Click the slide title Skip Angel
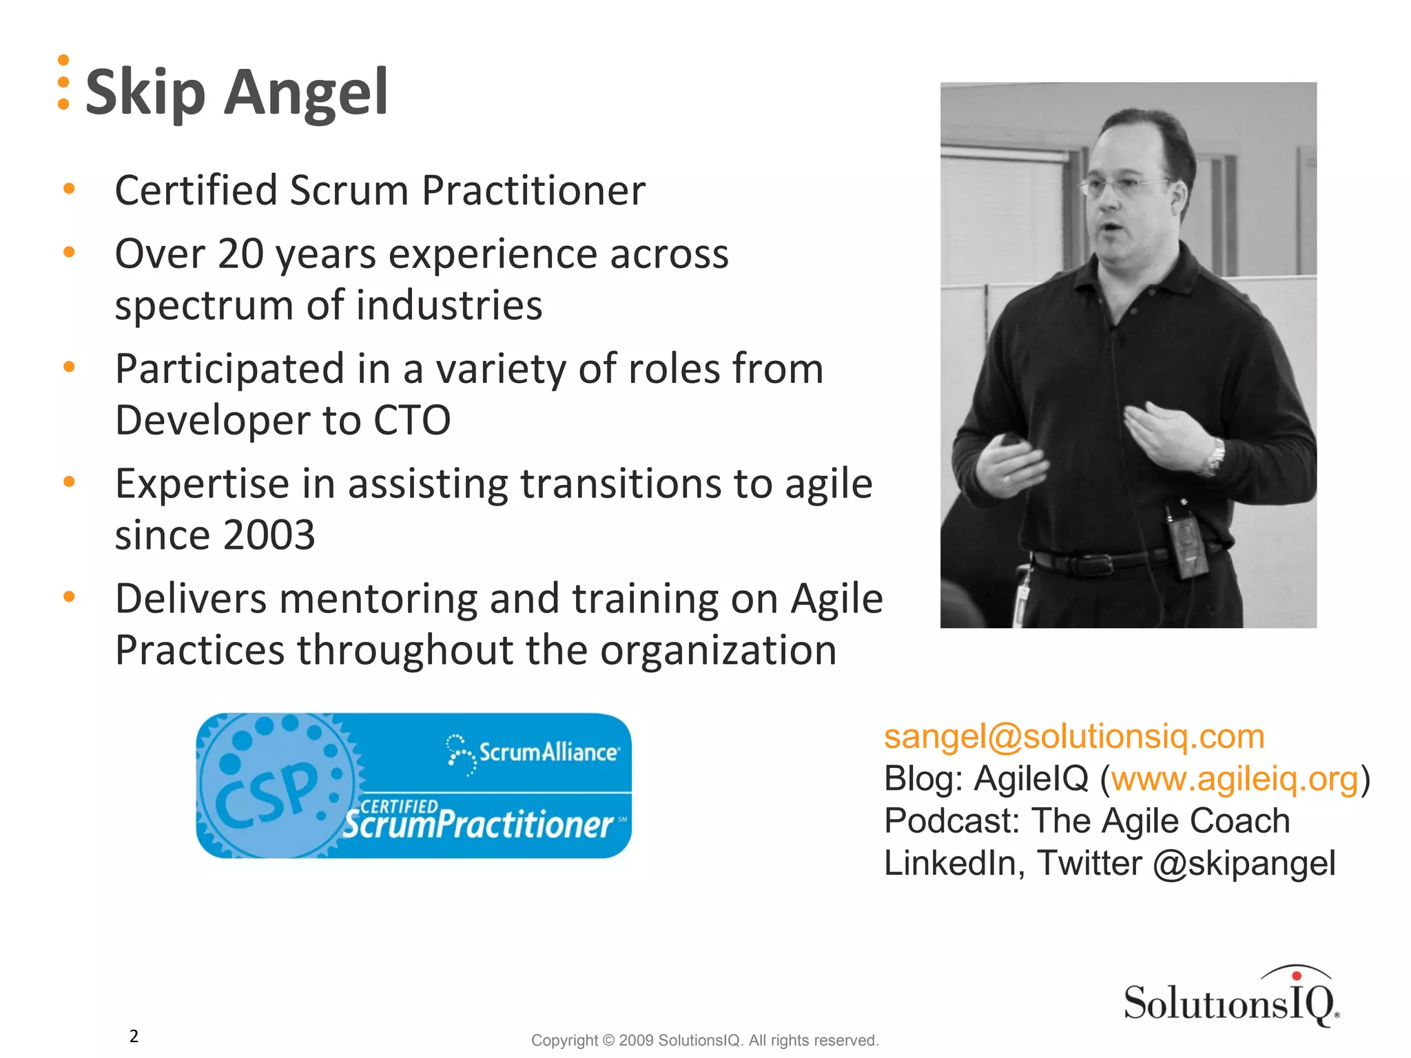[236, 92]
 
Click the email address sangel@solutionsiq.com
[1074, 736]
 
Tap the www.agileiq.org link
[1235, 779]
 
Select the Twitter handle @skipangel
[1244, 863]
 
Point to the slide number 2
[134, 1036]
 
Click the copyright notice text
[704, 1040]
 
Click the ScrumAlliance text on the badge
[548, 751]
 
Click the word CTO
[411, 420]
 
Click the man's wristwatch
[1215, 457]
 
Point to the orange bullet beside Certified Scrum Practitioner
[69, 189]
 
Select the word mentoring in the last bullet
[378, 599]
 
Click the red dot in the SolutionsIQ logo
[1296, 975]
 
